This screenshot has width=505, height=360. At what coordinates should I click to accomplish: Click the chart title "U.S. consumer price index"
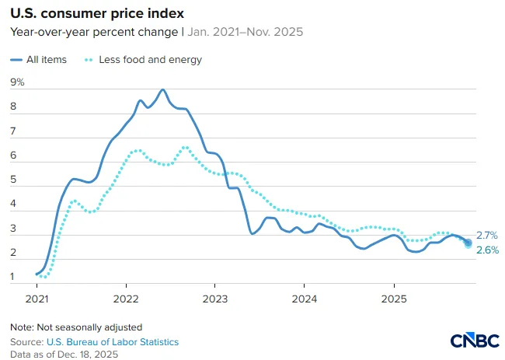97,13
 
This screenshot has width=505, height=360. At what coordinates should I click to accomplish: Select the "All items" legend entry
39,60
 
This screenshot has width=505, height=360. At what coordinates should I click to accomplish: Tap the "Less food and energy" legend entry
143,60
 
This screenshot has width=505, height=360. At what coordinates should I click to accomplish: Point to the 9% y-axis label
17,82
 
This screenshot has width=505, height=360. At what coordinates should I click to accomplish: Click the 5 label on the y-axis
13,179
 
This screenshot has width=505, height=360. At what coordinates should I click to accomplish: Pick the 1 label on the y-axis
12,276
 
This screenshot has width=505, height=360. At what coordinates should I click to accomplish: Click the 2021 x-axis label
37,299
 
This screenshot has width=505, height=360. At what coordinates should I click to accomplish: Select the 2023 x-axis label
215,299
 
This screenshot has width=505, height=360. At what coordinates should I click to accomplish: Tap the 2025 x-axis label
394,299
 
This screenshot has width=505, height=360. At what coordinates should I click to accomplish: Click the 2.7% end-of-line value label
487,236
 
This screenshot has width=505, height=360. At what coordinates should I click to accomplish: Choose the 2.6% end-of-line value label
488,250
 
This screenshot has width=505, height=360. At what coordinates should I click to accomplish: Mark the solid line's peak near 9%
162,90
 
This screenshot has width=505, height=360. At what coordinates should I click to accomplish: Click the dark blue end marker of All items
468,243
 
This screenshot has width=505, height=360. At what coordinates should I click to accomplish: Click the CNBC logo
475,341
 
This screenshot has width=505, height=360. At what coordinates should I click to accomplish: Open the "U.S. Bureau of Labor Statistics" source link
113,342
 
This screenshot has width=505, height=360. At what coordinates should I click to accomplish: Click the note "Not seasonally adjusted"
89,327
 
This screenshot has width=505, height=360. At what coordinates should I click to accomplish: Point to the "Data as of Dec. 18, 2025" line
64,355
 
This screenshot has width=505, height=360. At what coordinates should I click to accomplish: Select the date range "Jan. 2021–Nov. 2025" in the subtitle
245,32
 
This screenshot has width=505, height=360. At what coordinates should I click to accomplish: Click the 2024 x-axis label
305,299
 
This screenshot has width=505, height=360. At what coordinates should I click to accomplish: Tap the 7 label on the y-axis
13,131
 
